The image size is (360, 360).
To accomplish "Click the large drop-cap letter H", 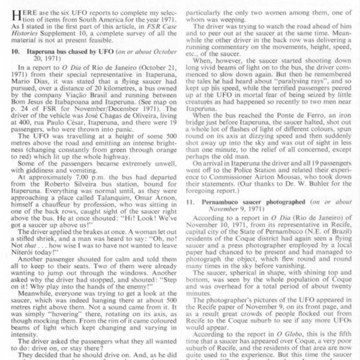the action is point(12,12).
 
